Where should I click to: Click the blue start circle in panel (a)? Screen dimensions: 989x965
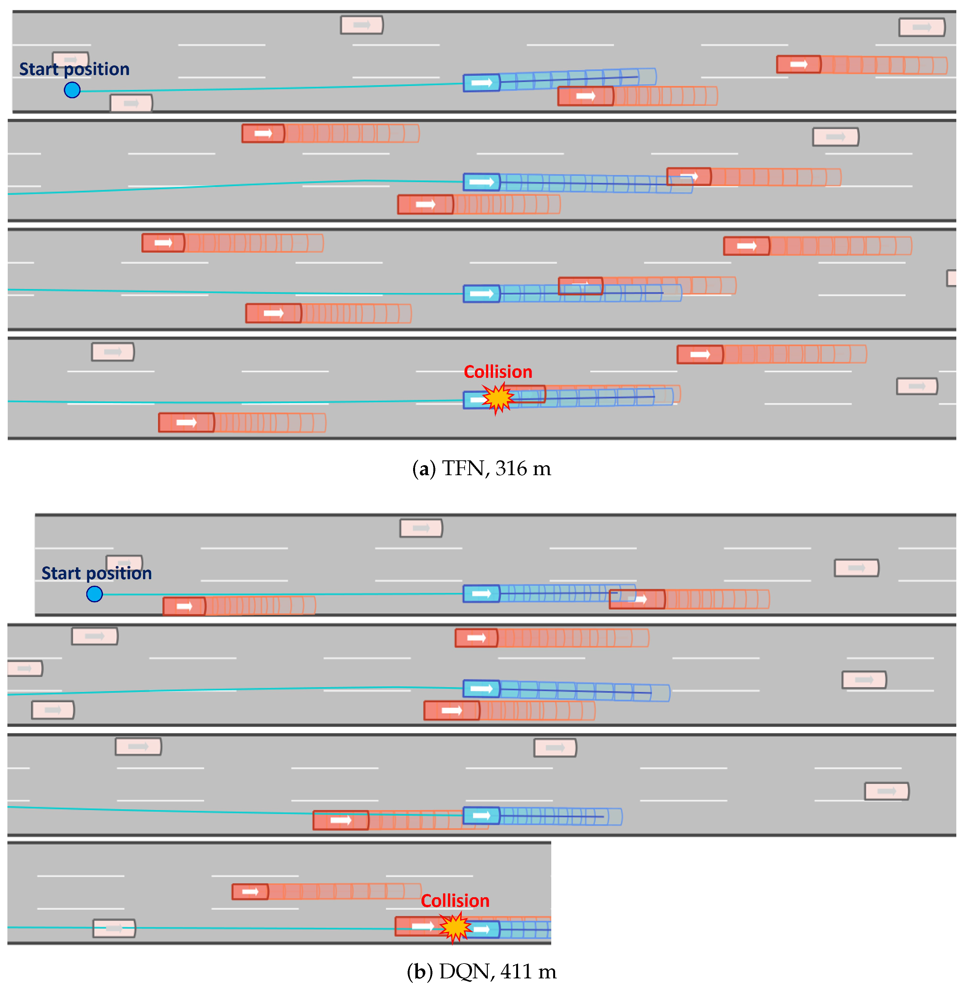[x=72, y=90]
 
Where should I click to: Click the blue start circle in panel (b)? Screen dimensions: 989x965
[x=94, y=594]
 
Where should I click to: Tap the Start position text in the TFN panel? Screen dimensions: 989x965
[x=74, y=69]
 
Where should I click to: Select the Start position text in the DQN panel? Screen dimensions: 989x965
[x=96, y=573]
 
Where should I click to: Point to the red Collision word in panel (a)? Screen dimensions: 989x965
[x=498, y=372]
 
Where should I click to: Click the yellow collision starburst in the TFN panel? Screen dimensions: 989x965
[x=498, y=398]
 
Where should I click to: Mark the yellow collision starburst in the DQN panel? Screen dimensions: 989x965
[x=455, y=927]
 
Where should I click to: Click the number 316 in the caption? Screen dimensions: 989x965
[x=511, y=468]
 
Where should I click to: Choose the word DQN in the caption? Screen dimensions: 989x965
[x=466, y=971]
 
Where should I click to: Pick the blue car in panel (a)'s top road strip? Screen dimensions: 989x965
[x=481, y=83]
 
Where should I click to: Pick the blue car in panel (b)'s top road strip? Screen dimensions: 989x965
[x=481, y=593]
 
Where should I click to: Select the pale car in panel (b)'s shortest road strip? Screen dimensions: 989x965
[x=114, y=928]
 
